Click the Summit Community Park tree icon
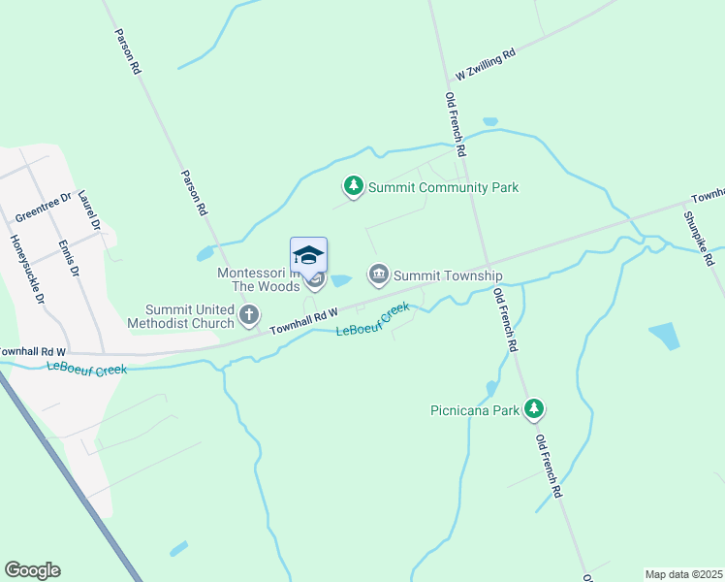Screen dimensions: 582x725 (x=354, y=186)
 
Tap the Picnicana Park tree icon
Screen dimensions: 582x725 (x=533, y=409)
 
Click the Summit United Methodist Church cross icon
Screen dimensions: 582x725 (x=249, y=314)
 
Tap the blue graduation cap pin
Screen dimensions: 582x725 (x=308, y=256)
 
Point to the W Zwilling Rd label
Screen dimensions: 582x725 (x=485, y=64)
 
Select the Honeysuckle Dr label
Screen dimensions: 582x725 (x=26, y=267)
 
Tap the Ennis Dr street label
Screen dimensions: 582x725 (x=67, y=258)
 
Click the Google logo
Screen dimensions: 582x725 (x=32, y=570)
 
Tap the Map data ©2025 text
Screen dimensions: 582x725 (x=683, y=574)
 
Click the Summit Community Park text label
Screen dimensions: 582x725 (x=442, y=187)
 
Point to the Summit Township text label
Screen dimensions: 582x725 (x=447, y=276)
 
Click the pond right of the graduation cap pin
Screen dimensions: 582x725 (x=340, y=281)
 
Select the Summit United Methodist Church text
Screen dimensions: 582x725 (x=190, y=315)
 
